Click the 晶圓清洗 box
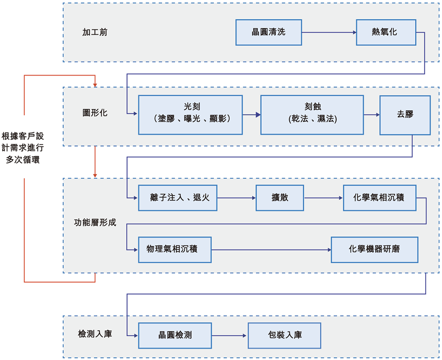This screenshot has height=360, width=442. click(x=269, y=32)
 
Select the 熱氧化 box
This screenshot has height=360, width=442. click(x=385, y=32)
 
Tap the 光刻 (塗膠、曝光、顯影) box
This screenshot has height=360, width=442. click(x=191, y=115)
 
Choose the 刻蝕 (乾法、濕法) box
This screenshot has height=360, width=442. click(x=312, y=115)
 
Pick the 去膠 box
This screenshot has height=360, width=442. click(x=405, y=115)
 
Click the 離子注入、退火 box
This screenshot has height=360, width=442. click(x=177, y=198)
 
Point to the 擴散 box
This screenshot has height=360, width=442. click(x=280, y=198)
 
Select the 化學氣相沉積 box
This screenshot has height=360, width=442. click(x=380, y=198)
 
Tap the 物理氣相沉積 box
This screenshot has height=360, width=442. click(x=175, y=250)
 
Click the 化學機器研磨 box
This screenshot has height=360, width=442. click(x=374, y=250)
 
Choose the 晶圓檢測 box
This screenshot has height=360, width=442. click(x=175, y=335)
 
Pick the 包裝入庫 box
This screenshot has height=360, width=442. click(x=284, y=335)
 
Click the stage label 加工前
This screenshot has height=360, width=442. click(x=95, y=32)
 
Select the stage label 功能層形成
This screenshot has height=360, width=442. click(x=95, y=223)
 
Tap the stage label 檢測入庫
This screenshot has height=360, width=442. click(x=95, y=334)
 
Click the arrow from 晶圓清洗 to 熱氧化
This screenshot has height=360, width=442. click(x=329, y=32)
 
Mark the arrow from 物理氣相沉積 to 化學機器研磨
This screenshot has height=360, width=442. click(x=271, y=250)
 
